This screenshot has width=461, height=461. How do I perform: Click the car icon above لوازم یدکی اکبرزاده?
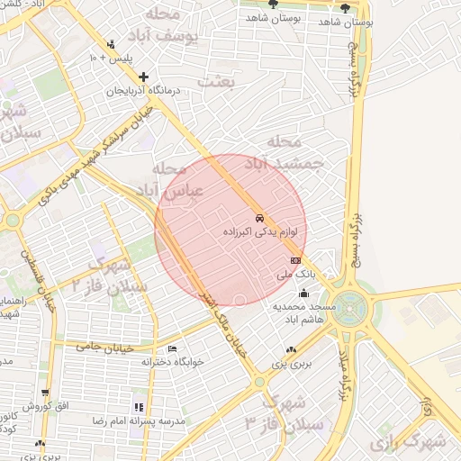[x=259, y=218]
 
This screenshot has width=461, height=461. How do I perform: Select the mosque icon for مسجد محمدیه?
[x=304, y=293]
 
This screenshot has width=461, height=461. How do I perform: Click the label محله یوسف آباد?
[x=191, y=26]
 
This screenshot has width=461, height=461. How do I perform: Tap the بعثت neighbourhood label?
[x=245, y=82]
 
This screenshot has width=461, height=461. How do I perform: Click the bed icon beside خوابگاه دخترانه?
[x=172, y=348]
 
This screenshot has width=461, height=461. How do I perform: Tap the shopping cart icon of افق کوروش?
[x=45, y=393]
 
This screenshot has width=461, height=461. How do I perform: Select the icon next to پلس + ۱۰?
[x=111, y=43]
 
